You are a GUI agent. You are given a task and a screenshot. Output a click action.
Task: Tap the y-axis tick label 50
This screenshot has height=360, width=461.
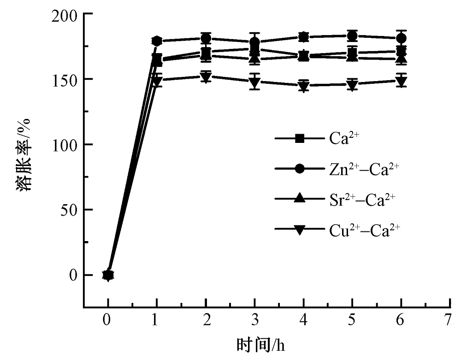coord(68,210)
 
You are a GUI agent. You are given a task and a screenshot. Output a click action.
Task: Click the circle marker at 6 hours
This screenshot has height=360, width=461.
coord(401,38)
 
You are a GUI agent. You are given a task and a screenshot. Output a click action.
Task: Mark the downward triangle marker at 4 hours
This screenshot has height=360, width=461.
coord(303,86)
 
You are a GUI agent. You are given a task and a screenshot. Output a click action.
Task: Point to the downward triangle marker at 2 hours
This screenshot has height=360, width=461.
coord(206,77)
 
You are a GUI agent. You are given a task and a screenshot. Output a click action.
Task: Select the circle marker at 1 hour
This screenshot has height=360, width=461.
coord(157,41)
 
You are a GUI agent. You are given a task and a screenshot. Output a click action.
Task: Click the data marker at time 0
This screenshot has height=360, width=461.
coord(108,275)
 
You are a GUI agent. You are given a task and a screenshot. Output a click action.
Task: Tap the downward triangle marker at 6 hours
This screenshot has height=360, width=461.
coord(401,82)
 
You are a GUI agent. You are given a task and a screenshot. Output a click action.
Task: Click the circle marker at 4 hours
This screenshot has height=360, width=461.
coord(303,37)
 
